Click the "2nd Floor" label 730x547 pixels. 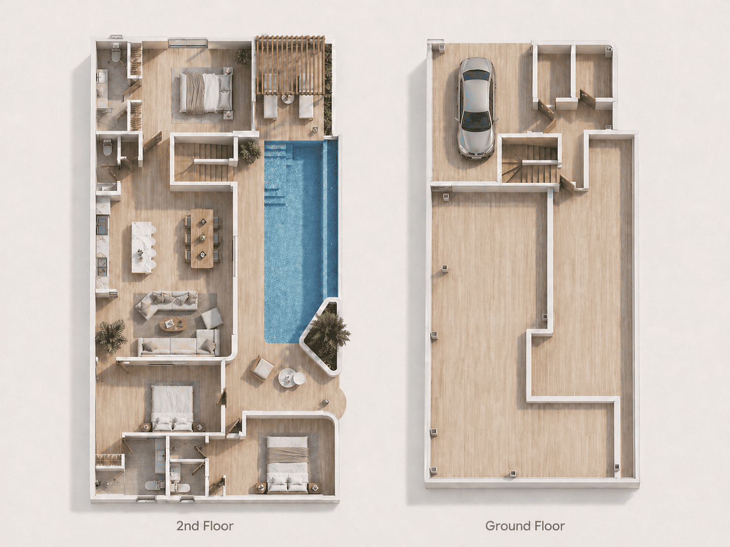(205, 526)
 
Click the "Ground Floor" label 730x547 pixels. (525, 526)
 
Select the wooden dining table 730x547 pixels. (202, 238)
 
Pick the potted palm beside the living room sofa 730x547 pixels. (111, 336)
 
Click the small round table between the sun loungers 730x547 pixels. (287, 99)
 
